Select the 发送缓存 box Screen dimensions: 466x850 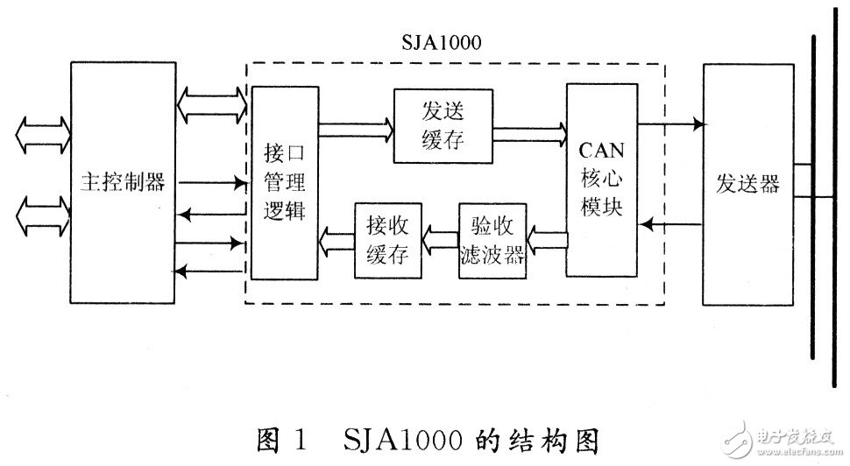(442, 125)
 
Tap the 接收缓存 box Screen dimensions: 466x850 (386, 238)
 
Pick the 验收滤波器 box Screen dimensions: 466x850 (492, 240)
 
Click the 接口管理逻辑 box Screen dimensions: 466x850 (284, 182)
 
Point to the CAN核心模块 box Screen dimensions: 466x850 (601, 180)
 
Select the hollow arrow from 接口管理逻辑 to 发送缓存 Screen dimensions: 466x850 (355, 130)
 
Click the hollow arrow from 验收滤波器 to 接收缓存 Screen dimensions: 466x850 (439, 235)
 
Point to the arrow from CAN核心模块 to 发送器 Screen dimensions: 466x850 (671, 124)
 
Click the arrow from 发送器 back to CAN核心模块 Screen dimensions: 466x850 (671, 225)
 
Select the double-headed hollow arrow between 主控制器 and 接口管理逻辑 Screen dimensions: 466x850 (212, 106)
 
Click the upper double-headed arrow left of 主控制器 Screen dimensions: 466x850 (41, 134)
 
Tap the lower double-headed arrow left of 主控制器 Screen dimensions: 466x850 (41, 213)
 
